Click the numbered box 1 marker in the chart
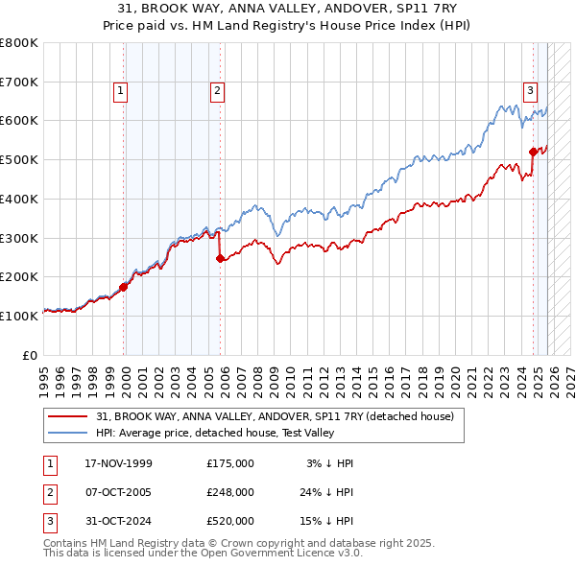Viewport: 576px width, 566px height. (x=121, y=91)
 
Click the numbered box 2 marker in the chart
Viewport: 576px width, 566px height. (x=218, y=91)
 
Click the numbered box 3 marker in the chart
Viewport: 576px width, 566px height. (x=530, y=91)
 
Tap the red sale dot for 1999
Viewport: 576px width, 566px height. (x=124, y=286)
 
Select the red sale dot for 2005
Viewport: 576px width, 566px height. (x=220, y=257)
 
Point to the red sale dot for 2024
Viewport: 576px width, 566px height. (x=534, y=151)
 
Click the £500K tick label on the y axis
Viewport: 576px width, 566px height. (x=19, y=159)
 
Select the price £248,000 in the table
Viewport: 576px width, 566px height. (x=229, y=492)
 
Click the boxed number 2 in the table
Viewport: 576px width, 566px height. (x=49, y=492)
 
